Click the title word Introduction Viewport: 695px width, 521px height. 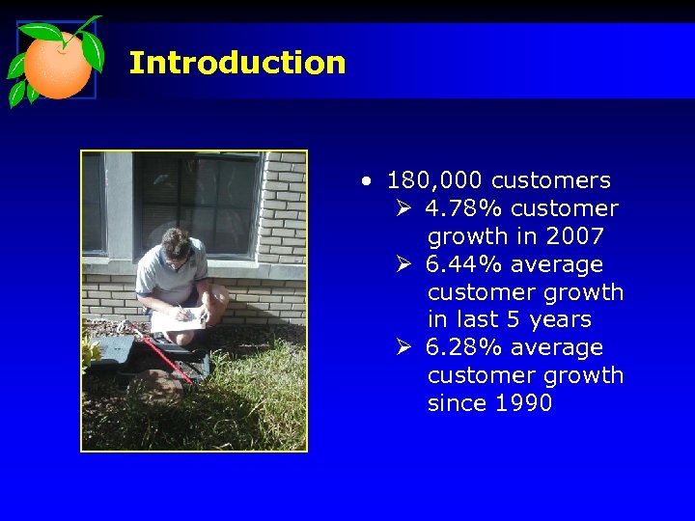[x=236, y=64]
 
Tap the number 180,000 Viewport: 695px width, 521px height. [x=434, y=180]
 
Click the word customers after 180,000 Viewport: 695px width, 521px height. [x=550, y=180]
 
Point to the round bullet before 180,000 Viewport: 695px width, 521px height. [x=366, y=180]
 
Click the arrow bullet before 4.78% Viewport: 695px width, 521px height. [x=404, y=208]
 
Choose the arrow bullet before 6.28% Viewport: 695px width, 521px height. [x=404, y=347]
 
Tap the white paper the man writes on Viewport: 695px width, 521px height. [x=180, y=319]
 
